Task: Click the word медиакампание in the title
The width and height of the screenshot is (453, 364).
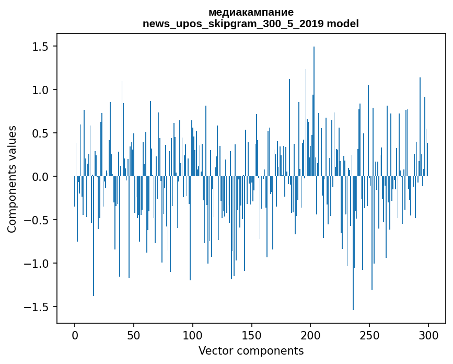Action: pyautogui.click(x=251, y=12)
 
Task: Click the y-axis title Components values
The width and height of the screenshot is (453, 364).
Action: pyautogui.click(x=12, y=179)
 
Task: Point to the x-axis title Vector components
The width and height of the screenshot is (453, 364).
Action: pyautogui.click(x=251, y=350)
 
